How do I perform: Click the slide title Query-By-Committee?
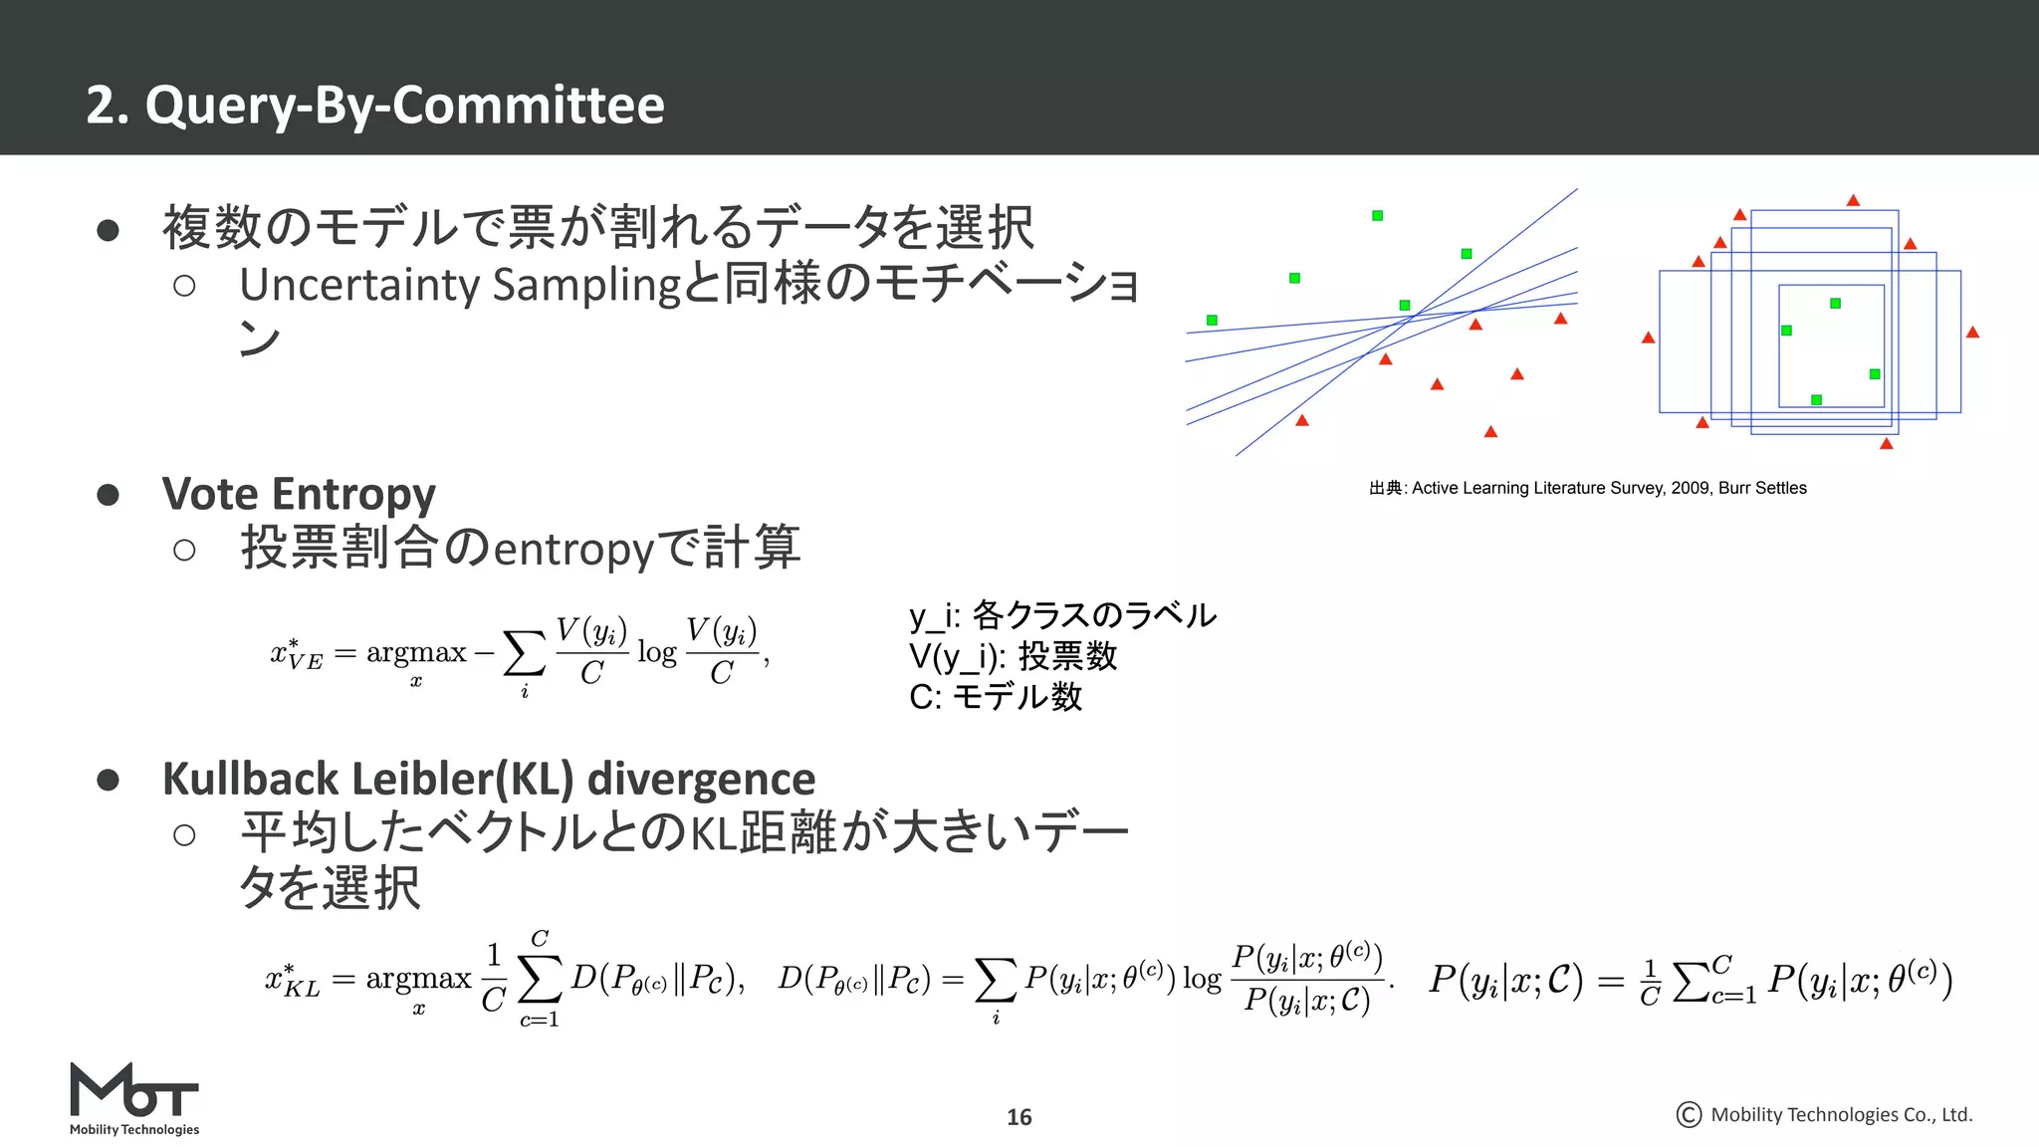[x=375, y=106]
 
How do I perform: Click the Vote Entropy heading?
[x=299, y=494]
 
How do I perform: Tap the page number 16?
[x=1019, y=1117]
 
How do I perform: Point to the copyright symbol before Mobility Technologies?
[x=1689, y=1115]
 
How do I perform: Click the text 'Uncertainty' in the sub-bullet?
[x=359, y=286]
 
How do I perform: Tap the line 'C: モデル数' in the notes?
[x=995, y=696]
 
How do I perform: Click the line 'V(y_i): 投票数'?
[x=1013, y=656]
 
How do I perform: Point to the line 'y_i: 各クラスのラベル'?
[x=1061, y=615]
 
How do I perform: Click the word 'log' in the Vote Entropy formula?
[x=656, y=653]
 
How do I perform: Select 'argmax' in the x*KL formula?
[x=418, y=979]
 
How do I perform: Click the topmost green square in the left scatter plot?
[x=1377, y=215]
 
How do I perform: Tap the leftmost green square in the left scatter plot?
[x=1212, y=320]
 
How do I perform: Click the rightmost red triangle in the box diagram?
[x=1972, y=333]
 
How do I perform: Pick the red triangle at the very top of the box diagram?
[x=1853, y=201]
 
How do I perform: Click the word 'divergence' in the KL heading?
[x=701, y=779]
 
